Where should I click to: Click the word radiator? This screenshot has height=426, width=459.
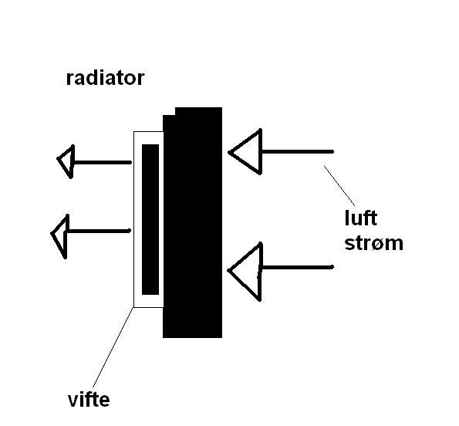tap(106, 78)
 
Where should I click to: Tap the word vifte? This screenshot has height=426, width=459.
tap(89, 399)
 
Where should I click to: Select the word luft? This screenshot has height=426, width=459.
tap(361, 218)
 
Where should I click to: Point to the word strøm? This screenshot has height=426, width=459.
tap(374, 243)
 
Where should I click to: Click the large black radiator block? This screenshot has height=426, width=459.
tap(192, 222)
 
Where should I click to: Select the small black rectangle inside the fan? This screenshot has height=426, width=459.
tap(150, 219)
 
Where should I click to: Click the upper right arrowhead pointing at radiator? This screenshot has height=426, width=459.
tap(245, 151)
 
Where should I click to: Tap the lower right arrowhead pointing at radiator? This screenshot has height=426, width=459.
tap(245, 272)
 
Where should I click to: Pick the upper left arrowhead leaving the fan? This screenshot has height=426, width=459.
tap(66, 161)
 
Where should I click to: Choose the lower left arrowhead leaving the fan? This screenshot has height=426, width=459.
tap(59, 236)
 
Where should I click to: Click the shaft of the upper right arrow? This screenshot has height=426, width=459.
tap(298, 152)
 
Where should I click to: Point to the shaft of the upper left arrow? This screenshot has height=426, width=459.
tap(103, 162)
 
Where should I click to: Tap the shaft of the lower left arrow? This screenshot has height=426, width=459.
tap(99, 231)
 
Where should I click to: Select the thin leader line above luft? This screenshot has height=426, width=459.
tap(339, 186)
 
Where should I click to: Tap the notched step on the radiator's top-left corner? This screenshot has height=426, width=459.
tap(169, 111)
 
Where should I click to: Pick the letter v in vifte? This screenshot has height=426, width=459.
tap(73, 401)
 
